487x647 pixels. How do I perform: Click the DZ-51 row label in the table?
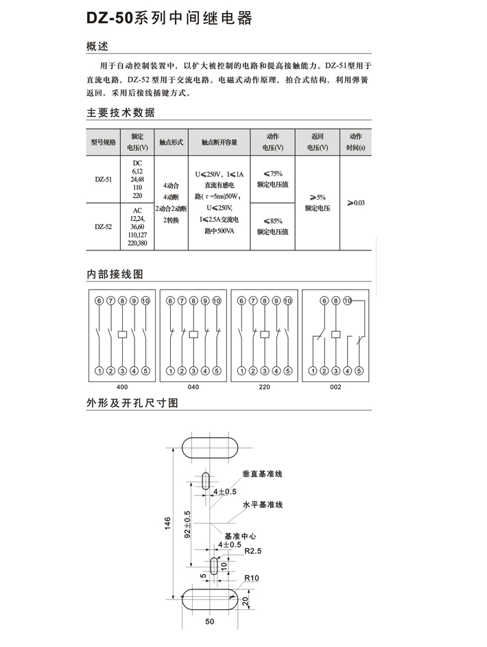(x=103, y=179)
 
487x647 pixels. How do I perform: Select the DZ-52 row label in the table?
(x=103, y=226)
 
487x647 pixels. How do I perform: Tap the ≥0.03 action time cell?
(x=356, y=202)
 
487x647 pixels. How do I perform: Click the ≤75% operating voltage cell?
(x=272, y=178)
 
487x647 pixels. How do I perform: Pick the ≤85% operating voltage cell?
(x=272, y=226)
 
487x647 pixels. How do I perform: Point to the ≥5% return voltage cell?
(x=318, y=202)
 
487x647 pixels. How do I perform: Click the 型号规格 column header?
(x=103, y=142)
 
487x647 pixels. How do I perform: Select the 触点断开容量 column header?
(x=219, y=142)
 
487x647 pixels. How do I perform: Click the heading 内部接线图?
(x=115, y=274)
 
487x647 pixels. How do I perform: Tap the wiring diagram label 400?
(x=122, y=387)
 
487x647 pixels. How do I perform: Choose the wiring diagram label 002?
(x=335, y=387)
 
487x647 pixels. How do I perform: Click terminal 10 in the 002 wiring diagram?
(x=348, y=301)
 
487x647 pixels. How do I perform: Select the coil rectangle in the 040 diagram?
(x=193, y=334)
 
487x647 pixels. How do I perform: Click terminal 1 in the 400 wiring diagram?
(x=99, y=371)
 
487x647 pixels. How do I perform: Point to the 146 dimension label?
(x=167, y=524)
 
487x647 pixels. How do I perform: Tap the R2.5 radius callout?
(x=253, y=551)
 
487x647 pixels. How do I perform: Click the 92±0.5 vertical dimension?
(x=188, y=524)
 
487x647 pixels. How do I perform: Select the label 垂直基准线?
(x=262, y=474)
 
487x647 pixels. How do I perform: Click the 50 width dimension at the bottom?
(x=209, y=622)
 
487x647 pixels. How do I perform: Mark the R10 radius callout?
(x=252, y=578)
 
